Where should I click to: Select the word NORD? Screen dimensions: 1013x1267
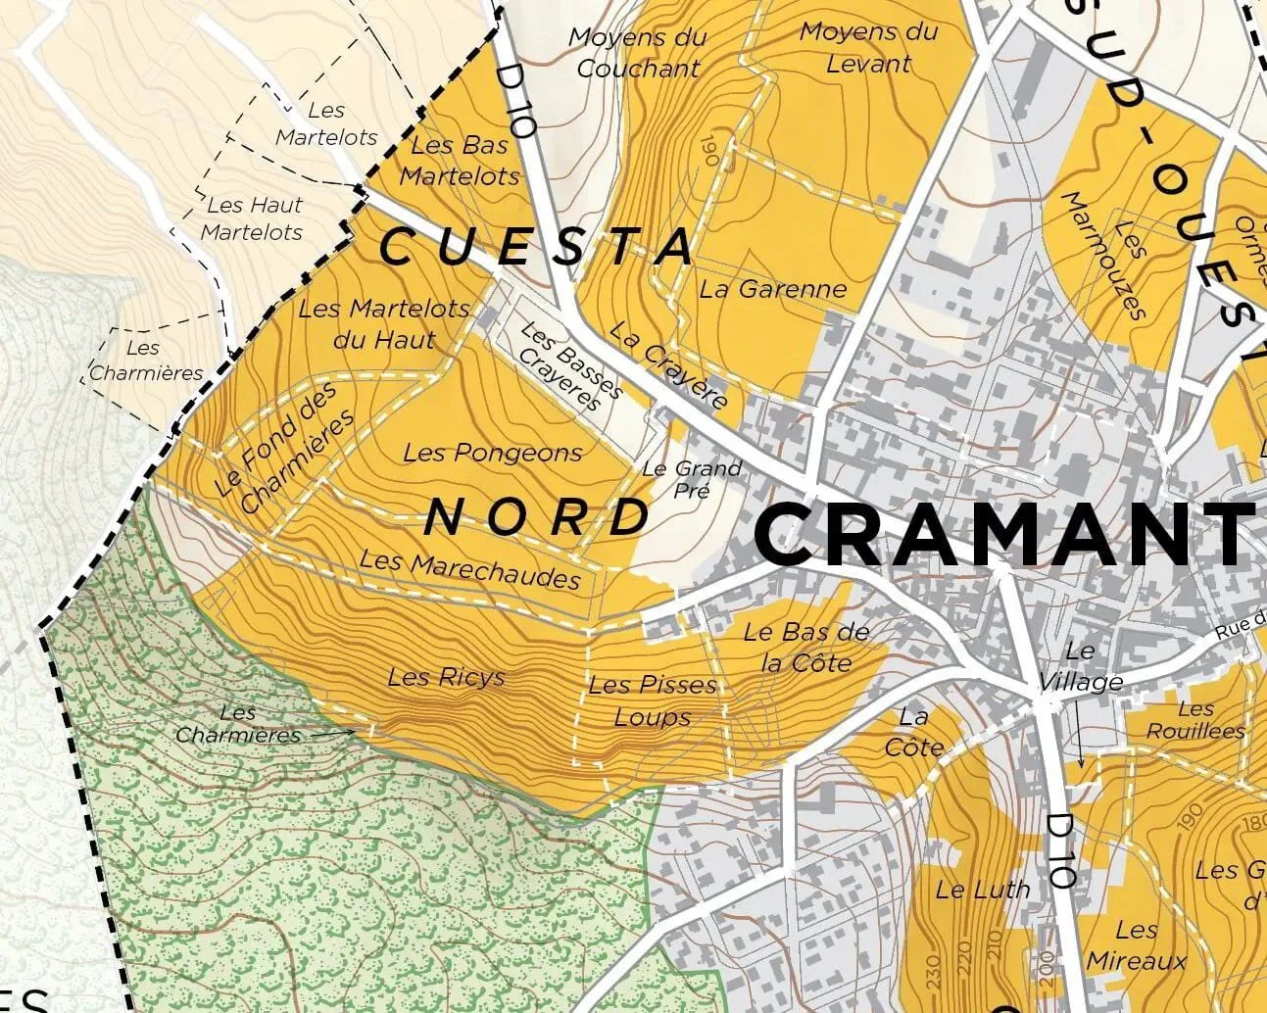pos(538,516)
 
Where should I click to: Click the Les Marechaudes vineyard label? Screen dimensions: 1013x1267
pos(470,569)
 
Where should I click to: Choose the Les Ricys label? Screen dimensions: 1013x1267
pos(446,677)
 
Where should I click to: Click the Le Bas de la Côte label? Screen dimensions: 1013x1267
pos(806,648)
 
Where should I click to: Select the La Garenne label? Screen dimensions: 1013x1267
pos(772,289)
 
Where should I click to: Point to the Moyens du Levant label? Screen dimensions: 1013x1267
pos(869,47)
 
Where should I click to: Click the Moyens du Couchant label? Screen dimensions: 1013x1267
pos(638,53)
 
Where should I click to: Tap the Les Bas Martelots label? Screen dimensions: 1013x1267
pos(460,161)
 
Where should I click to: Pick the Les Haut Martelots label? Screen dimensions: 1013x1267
pos(254,218)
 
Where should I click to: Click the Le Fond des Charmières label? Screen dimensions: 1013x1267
pos(284,448)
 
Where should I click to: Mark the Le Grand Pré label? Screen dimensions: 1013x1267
pos(692,479)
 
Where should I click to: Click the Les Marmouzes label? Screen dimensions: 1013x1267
pos(1103,254)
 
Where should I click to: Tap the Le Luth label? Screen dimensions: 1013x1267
pos(983,890)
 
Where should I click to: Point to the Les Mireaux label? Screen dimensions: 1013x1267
pos(1137,945)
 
